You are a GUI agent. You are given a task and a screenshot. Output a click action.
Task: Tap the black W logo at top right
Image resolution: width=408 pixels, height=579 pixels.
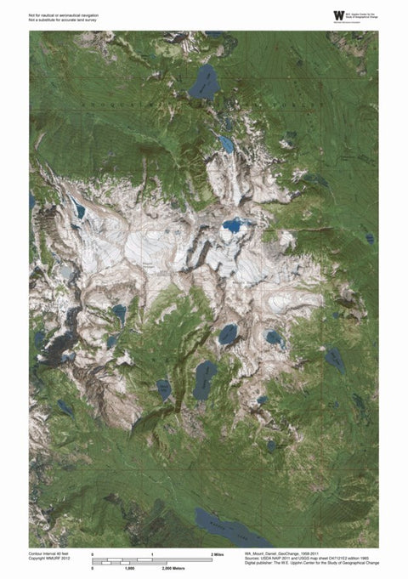click(x=339, y=14)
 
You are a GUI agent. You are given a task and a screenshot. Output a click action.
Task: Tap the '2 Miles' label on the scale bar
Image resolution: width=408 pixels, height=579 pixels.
click(x=218, y=553)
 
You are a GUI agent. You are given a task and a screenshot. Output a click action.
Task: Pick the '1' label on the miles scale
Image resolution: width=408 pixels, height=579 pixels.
click(x=151, y=553)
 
